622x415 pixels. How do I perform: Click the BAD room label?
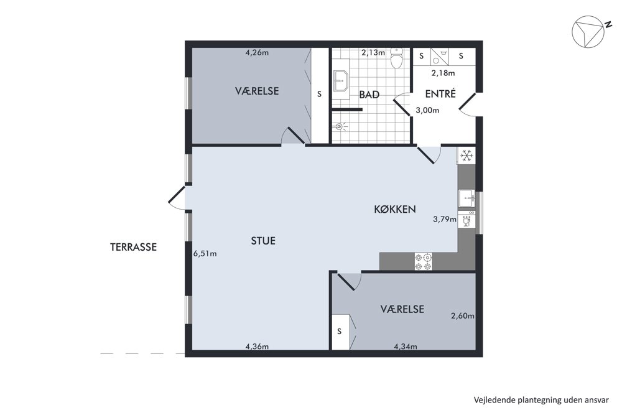tap(369, 95)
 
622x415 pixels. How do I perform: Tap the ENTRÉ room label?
tap(440, 93)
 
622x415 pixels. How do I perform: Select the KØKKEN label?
tap(395, 209)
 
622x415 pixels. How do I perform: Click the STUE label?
tap(263, 241)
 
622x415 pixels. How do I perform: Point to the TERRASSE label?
tap(133, 247)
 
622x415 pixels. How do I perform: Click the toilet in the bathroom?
tap(396, 57)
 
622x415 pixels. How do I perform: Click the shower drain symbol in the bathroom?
tap(339, 126)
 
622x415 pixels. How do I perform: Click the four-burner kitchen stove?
tap(423, 261)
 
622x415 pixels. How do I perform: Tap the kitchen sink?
tap(466, 198)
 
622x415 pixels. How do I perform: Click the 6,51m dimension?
tap(205, 253)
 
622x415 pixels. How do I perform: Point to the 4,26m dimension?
tap(258, 52)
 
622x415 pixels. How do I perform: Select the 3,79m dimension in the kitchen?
tap(444, 219)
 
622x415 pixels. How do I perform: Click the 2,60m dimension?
tap(463, 316)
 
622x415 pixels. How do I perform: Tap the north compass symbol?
tap(588, 32)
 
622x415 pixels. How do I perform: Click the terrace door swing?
tap(177, 197)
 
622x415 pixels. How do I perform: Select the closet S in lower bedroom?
tap(339, 332)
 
